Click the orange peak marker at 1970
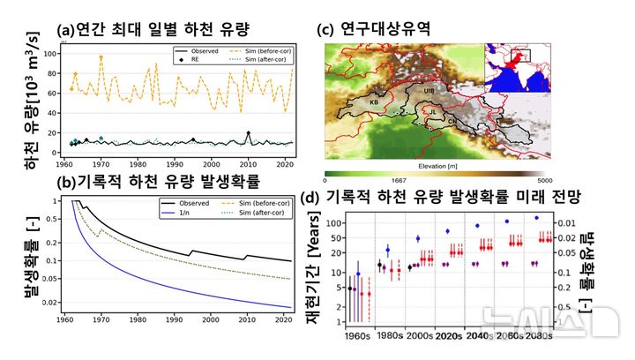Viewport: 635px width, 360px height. [101, 57]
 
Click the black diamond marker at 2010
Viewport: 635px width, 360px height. [248, 133]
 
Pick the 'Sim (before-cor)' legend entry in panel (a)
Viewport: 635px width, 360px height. [263, 51]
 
